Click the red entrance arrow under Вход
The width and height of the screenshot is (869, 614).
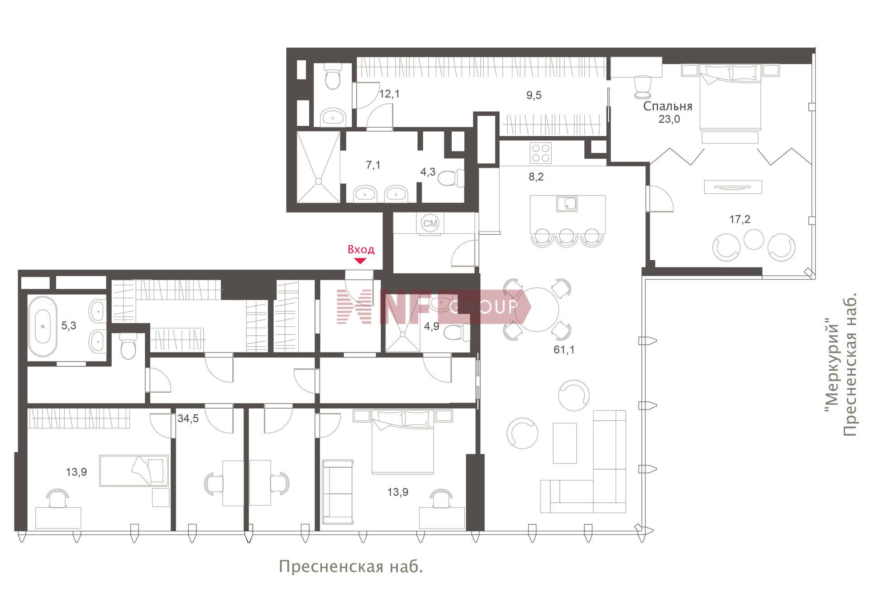click(x=360, y=261)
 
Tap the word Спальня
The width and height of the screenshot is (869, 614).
click(x=668, y=106)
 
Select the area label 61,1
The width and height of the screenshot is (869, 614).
click(x=564, y=349)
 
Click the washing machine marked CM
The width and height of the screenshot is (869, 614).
click(x=430, y=223)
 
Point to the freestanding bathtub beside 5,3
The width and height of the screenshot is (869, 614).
click(x=43, y=326)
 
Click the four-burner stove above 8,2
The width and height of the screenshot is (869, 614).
click(x=541, y=153)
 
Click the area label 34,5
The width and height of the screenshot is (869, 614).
click(x=188, y=419)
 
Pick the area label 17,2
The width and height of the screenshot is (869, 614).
click(x=740, y=219)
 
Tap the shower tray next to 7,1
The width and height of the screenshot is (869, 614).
click(x=318, y=167)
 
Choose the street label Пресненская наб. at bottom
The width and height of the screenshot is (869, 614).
click(x=351, y=566)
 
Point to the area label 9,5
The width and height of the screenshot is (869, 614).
click(x=534, y=95)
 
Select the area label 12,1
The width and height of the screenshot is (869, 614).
click(x=389, y=94)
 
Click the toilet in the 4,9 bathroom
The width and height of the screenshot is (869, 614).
click(x=457, y=333)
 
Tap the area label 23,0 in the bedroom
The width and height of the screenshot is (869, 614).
click(x=669, y=119)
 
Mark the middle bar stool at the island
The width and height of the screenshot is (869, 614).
click(x=567, y=237)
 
